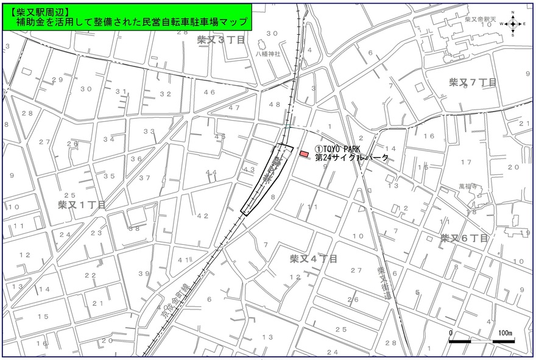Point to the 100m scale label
[505, 333]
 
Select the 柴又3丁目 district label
[221, 40]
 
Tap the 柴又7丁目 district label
[473, 82]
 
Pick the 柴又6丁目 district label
[465, 238]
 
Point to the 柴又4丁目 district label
[313, 259]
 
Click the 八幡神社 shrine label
[267, 54]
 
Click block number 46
[210, 92]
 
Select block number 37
[144, 178]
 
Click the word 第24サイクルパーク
[351, 157]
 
